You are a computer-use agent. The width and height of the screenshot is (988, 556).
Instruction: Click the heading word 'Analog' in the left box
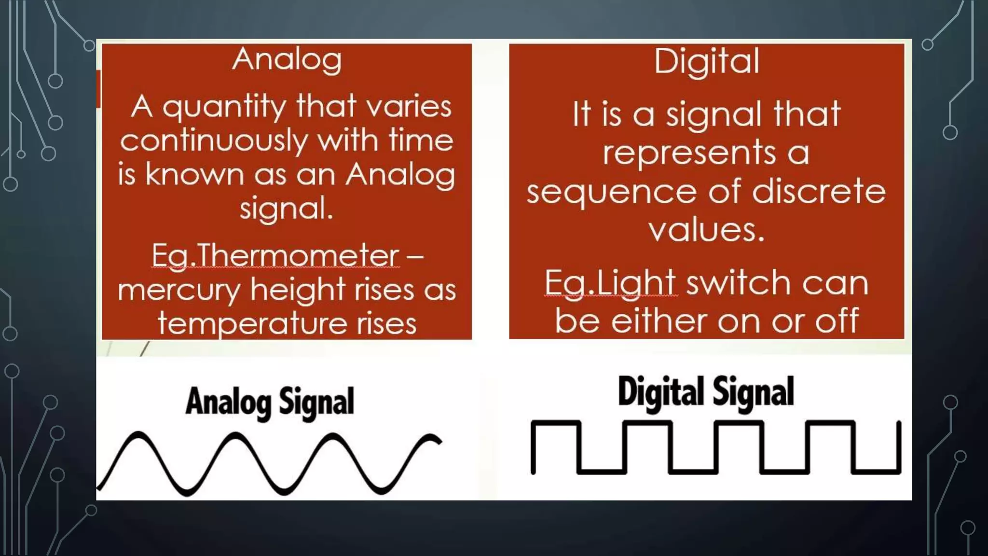pos(287,60)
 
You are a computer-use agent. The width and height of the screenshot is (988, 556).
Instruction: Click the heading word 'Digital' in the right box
pos(707,62)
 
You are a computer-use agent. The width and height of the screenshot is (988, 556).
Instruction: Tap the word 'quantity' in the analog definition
pos(224,107)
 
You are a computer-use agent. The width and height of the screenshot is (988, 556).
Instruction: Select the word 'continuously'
pos(214,141)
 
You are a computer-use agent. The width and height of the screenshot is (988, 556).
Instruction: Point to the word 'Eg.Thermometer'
pos(275,256)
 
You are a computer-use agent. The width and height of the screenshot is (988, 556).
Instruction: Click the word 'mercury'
pos(179,291)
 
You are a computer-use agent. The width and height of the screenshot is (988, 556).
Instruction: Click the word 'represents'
pos(689,153)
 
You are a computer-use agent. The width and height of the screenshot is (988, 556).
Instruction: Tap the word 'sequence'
pos(611,192)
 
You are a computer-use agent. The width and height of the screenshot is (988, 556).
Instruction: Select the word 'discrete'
pos(819,191)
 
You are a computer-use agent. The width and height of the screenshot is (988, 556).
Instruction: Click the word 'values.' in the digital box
pos(706,230)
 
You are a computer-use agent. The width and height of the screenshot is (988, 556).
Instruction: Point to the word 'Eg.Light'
pos(610,283)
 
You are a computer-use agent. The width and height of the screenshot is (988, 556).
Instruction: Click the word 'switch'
pos(739,283)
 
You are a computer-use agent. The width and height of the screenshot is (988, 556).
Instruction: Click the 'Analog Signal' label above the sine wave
pos(270,402)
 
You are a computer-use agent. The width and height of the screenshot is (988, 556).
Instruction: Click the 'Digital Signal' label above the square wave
pos(706,392)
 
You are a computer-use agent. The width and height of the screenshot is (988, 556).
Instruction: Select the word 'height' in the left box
pos(297,290)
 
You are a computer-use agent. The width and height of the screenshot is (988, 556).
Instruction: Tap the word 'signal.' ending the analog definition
pos(287,209)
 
